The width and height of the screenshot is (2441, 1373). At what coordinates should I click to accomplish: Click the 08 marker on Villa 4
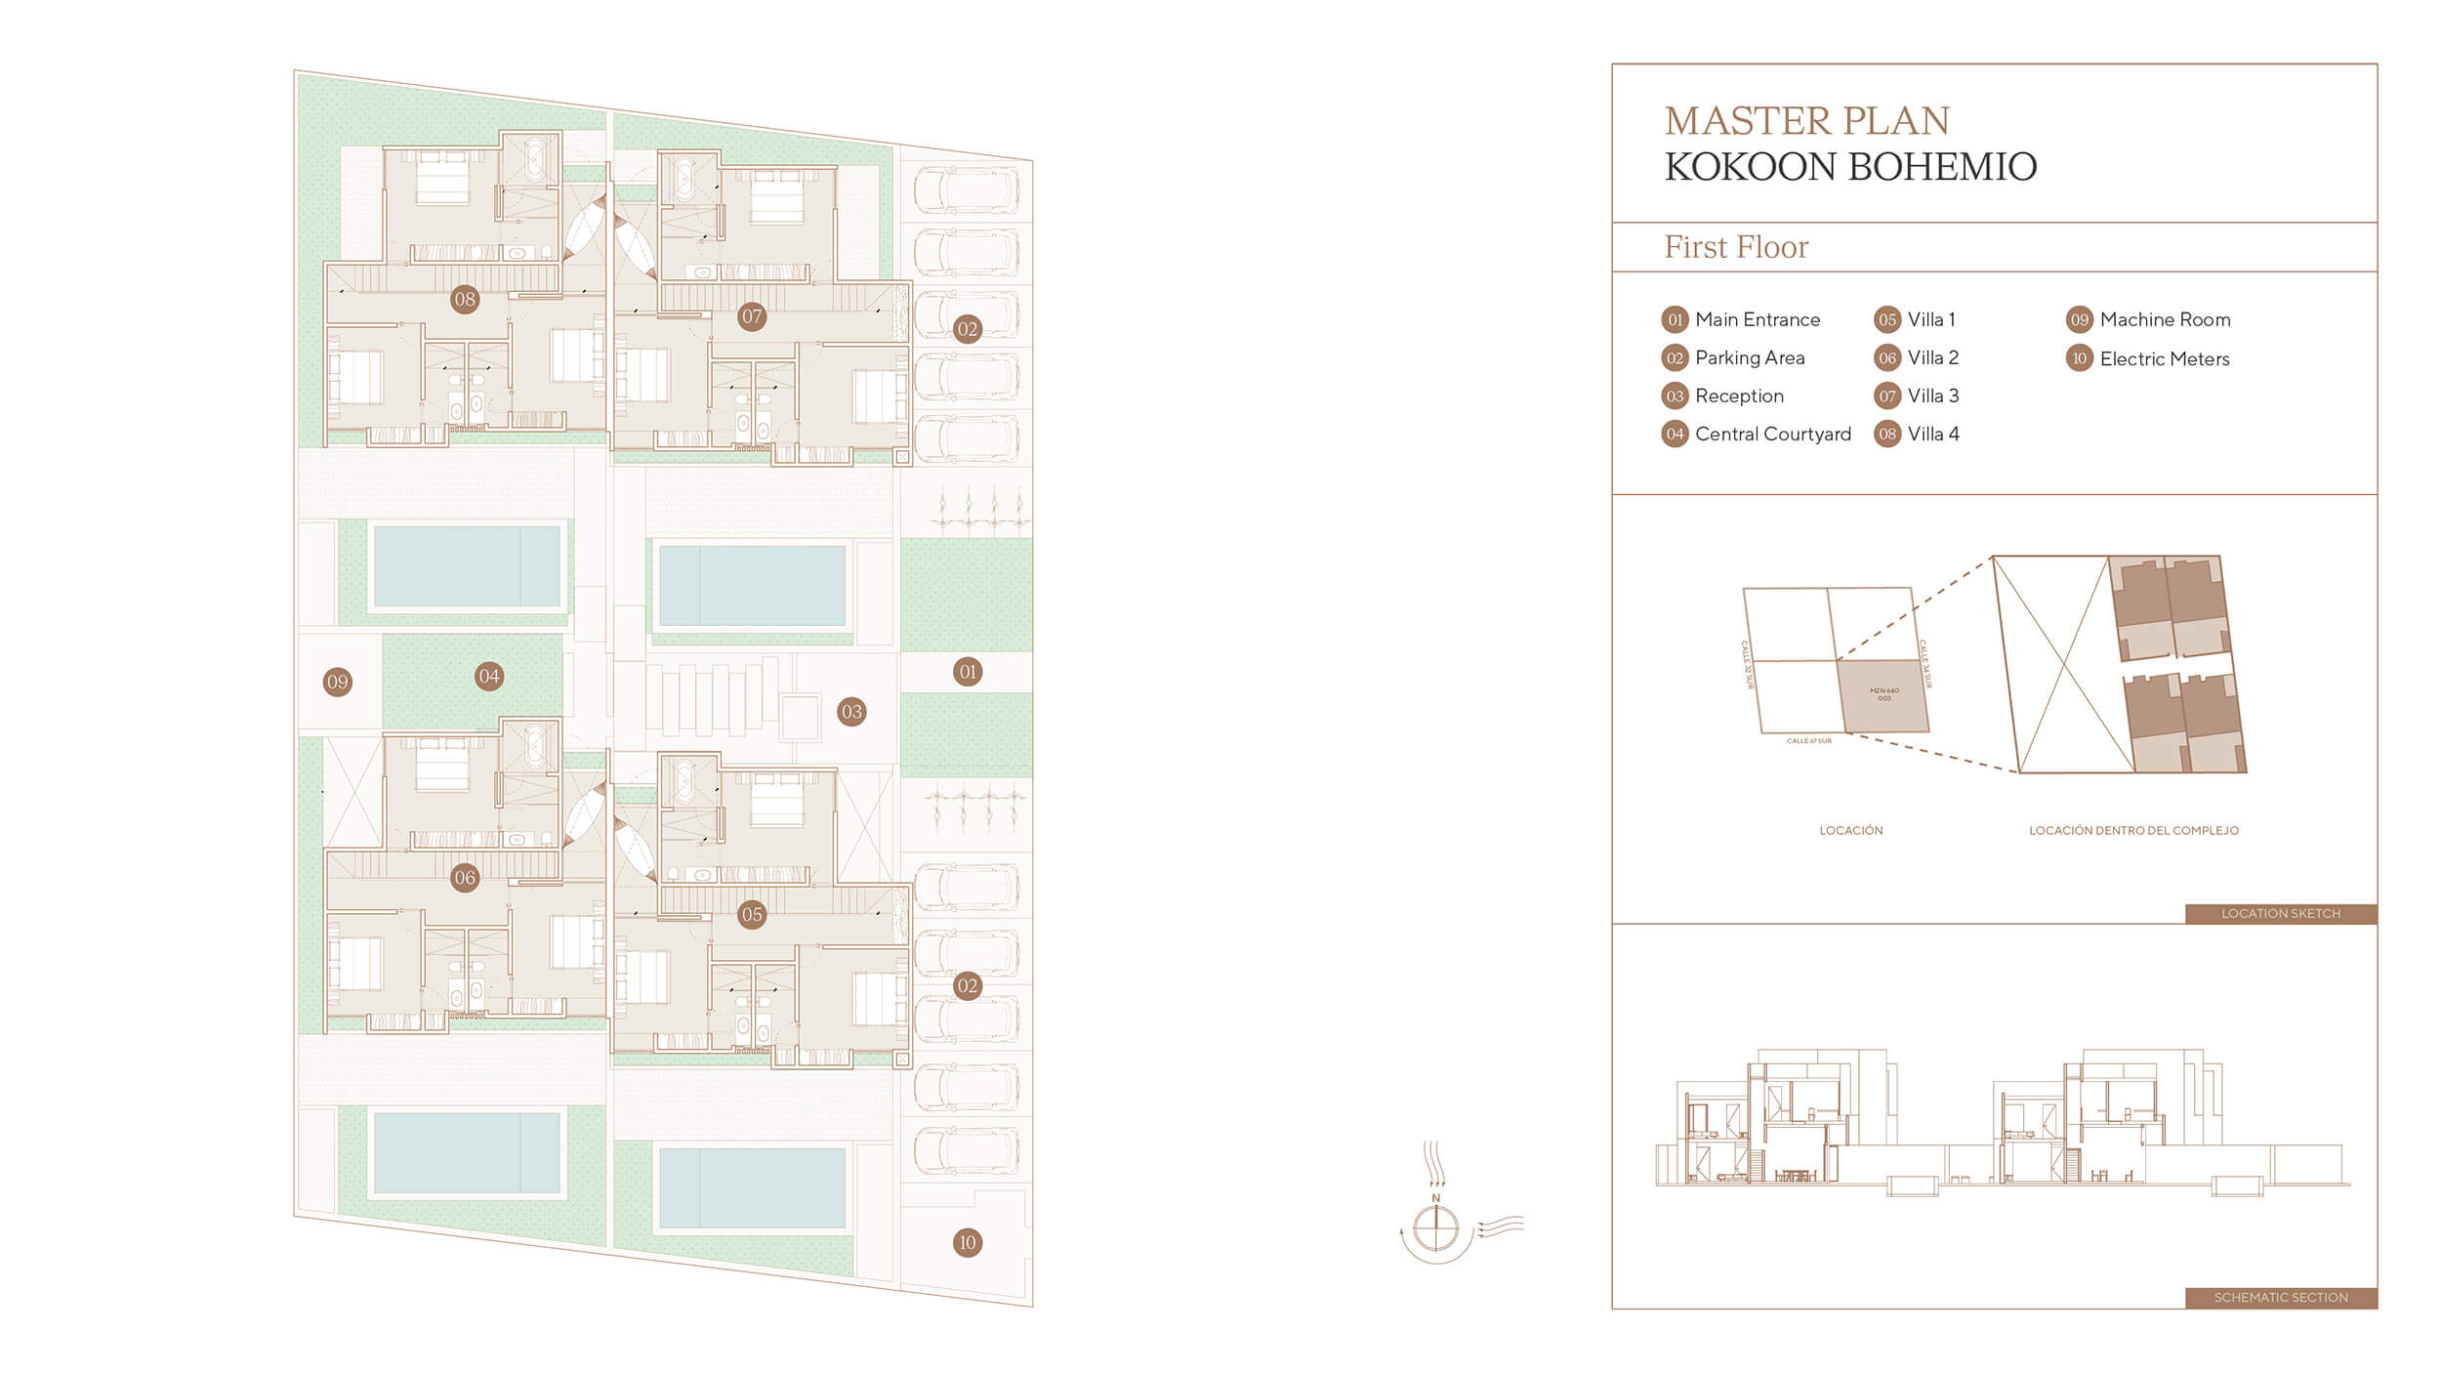coord(465,299)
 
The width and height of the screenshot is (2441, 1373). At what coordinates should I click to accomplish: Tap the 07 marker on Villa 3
coord(751,316)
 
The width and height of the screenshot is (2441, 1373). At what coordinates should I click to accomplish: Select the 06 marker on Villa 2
coord(465,877)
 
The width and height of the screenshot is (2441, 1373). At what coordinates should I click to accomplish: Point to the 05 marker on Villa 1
coord(751,914)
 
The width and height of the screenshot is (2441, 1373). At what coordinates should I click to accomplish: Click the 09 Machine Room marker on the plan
coord(337,682)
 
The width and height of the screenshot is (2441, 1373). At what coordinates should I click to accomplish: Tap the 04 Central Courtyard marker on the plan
coord(489,676)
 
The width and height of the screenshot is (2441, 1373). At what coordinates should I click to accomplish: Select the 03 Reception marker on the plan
coord(851,711)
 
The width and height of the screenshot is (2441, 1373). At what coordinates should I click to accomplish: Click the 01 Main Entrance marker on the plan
coord(967,671)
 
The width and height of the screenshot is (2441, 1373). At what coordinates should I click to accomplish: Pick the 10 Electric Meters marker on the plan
coord(967,1242)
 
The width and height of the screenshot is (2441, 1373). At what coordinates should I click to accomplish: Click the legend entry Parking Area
coord(1749,357)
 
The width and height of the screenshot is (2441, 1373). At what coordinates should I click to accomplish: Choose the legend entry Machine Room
coord(2165,319)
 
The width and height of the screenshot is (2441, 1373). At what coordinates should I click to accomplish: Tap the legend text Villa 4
coord(1932,434)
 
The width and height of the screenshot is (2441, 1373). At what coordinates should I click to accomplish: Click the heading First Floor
coord(1736,247)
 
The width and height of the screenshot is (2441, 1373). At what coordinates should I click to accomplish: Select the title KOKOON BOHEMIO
coord(1850,167)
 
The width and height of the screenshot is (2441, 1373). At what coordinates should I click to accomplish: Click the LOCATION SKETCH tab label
coord(2280,913)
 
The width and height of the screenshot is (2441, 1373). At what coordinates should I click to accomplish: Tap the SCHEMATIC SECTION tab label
coord(2280,1297)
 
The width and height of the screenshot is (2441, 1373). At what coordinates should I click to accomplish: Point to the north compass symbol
coord(1435,1227)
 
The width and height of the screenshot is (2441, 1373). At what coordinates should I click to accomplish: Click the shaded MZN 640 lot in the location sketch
coord(1883,695)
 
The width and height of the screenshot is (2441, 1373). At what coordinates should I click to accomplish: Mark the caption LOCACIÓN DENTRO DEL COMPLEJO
coord(2133,830)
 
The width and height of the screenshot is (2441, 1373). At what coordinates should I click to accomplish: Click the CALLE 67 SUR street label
coord(1808,741)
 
